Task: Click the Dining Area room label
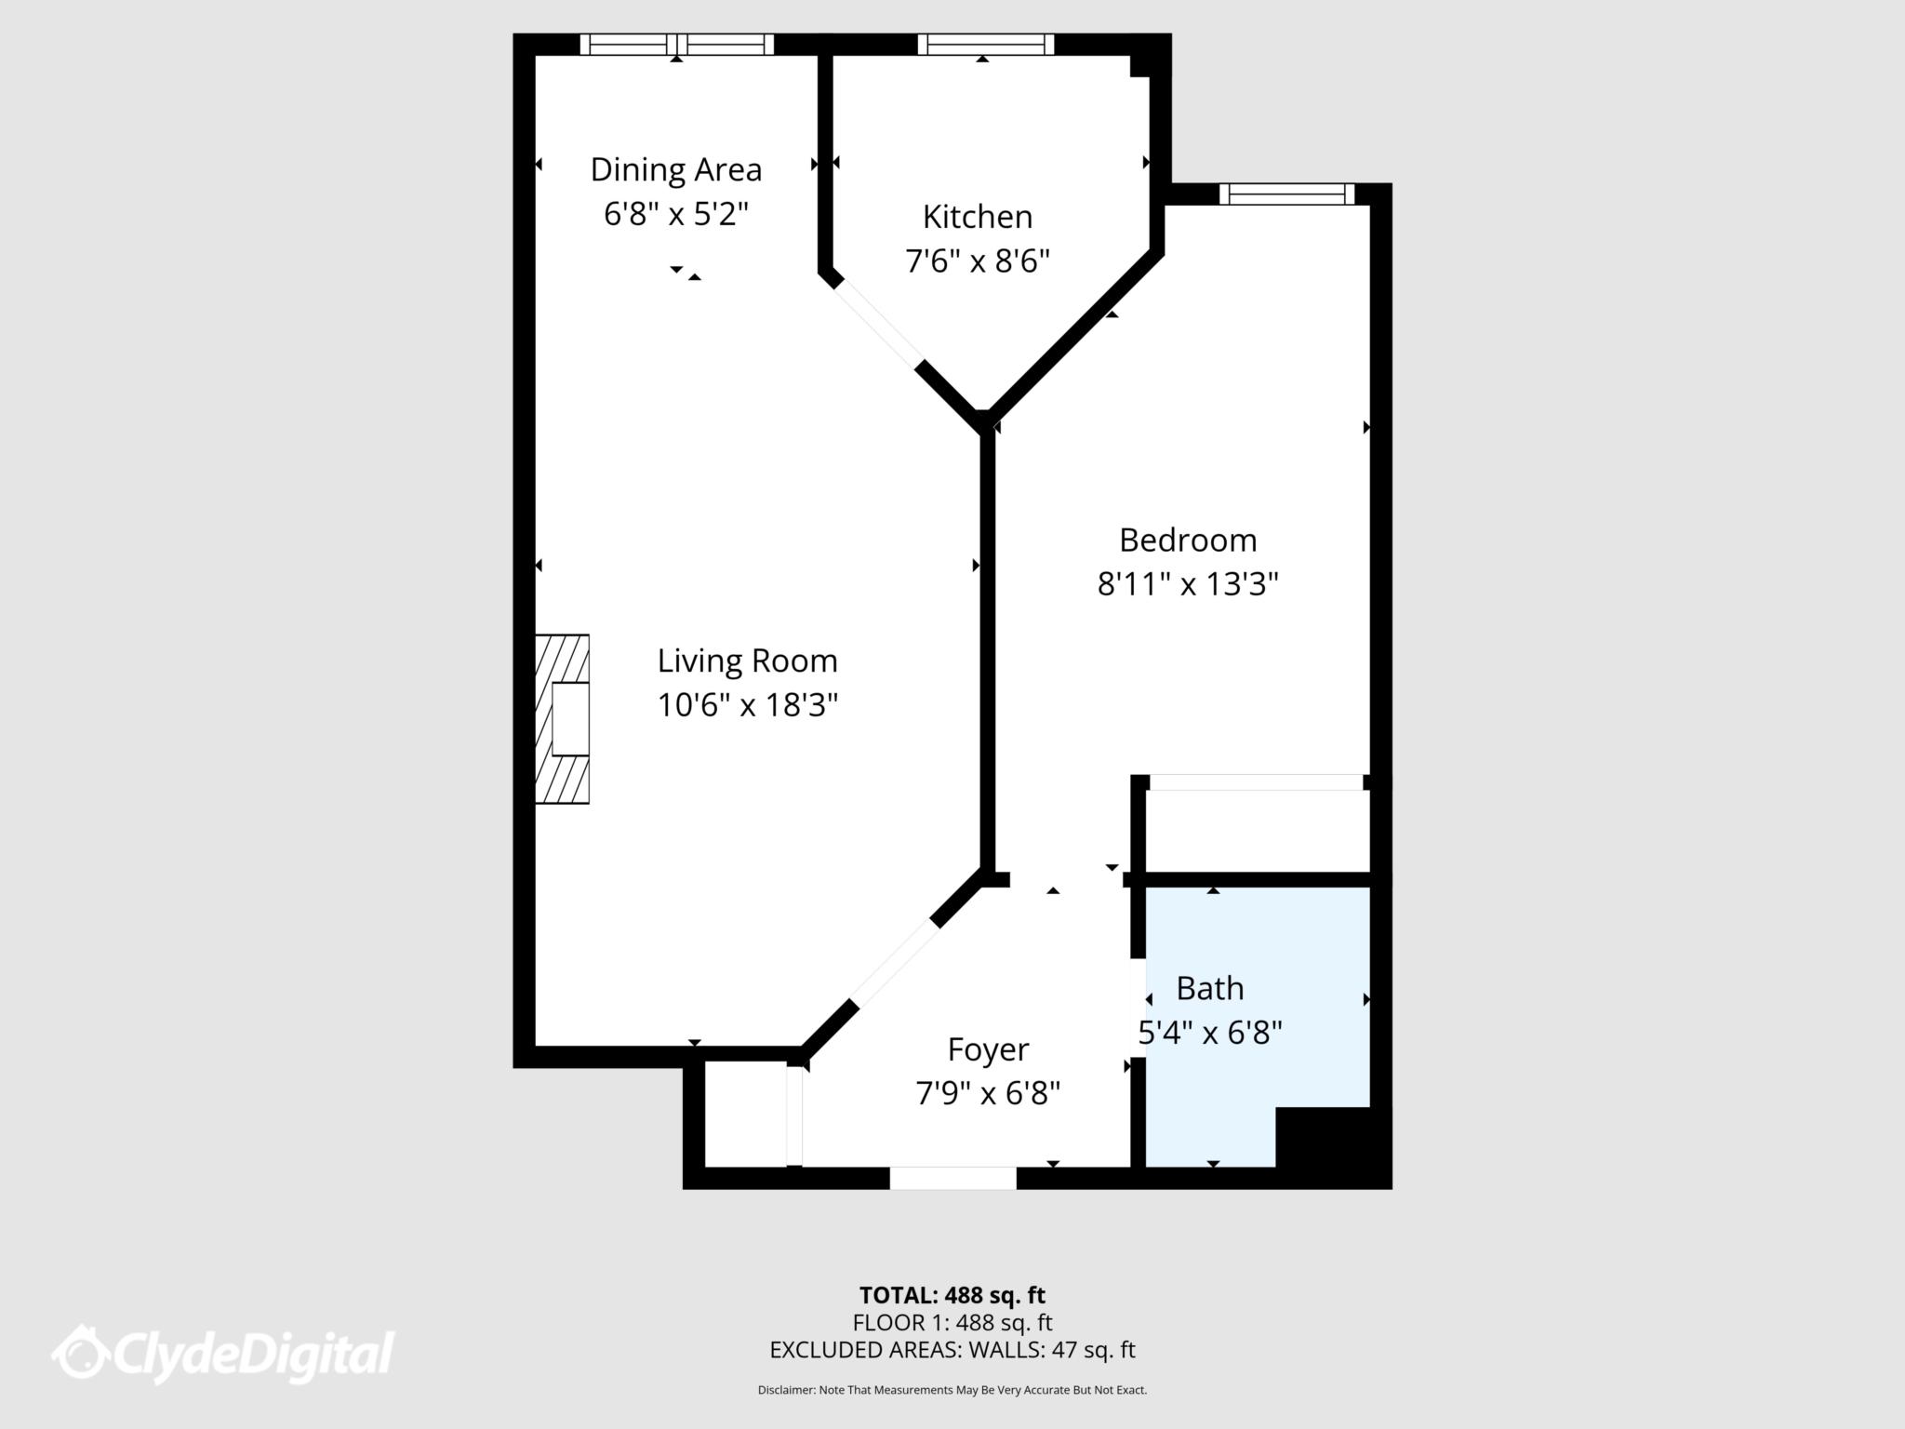pos(676,170)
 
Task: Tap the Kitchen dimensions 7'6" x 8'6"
pos(978,261)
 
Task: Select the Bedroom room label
pos(1188,540)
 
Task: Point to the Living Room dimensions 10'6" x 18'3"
pos(748,705)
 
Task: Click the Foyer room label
pos(988,1049)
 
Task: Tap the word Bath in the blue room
pos(1210,988)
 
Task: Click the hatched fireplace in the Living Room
pos(562,718)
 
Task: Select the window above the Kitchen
pos(986,45)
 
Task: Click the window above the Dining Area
pos(677,45)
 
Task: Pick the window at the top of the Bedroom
pos(1287,194)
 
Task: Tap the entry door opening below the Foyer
pos(952,1178)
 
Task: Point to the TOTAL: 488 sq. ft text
pos(952,1295)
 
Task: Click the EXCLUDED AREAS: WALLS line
pos(952,1350)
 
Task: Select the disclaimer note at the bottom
pos(952,1390)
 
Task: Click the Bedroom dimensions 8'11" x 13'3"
pos(1188,584)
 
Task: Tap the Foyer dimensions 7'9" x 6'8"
pos(988,1093)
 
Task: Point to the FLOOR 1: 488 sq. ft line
pos(952,1322)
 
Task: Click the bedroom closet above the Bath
pos(1258,831)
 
